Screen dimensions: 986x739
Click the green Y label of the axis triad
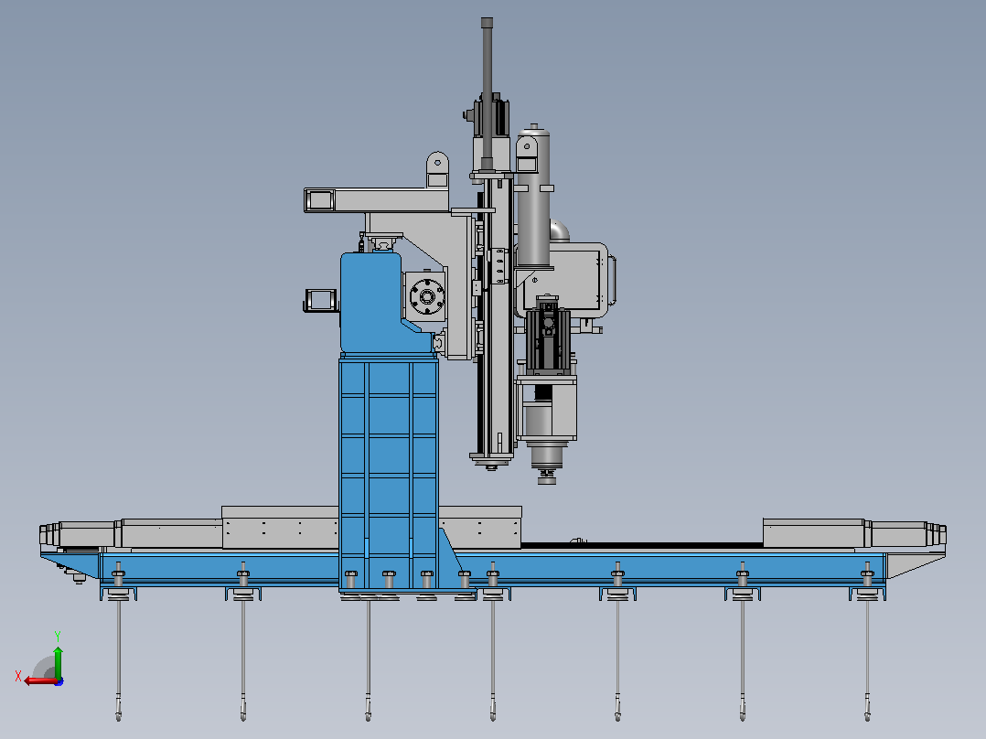58,636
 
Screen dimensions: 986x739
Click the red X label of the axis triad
18,676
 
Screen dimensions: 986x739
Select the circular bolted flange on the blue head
427,296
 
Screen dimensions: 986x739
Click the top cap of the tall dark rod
487,23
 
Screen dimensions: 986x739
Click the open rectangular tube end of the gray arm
319,200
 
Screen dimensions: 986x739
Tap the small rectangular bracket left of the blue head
321,299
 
